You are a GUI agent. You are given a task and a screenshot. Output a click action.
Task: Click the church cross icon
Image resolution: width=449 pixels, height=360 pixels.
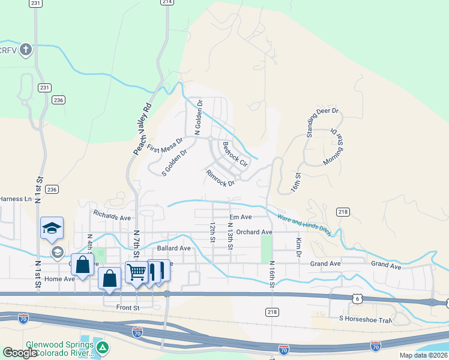click(26, 49)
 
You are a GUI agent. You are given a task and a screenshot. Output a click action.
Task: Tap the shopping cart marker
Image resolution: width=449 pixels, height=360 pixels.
click(136, 272)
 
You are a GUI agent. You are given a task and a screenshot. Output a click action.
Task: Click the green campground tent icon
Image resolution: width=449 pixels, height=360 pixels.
click(103, 347)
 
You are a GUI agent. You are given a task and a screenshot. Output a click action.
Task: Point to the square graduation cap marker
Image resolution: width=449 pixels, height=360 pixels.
click(52, 227)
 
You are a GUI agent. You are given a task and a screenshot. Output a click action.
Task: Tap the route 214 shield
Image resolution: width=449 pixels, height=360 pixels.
click(167, 2)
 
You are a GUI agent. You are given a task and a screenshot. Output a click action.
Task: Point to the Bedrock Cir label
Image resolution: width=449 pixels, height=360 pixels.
click(235, 153)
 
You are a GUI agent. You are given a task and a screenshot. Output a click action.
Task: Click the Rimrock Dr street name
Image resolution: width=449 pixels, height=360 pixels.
click(220, 178)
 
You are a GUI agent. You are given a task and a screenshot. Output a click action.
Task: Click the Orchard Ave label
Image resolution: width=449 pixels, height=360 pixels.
click(254, 232)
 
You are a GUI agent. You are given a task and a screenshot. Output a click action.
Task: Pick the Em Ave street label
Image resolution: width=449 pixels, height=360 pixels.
click(241, 217)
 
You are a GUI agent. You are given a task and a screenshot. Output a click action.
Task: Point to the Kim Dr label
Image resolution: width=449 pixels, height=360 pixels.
click(298, 247)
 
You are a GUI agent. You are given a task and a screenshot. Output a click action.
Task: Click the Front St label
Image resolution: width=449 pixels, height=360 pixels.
click(128, 307)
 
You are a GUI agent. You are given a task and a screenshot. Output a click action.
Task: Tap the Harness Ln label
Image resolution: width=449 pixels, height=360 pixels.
click(16, 199)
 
